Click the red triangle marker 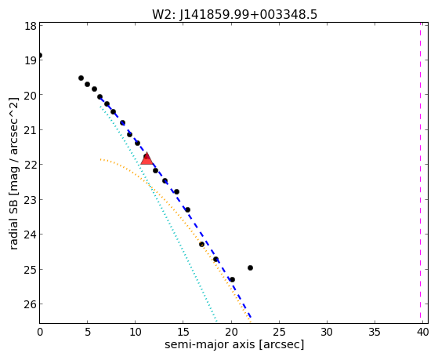(x=147, y=159)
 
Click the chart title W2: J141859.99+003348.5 (x=234, y=15)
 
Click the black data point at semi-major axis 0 (x=40, y=56)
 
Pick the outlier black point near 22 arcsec (x=250, y=267)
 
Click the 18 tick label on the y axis (x=31, y=27)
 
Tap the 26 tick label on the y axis (x=31, y=304)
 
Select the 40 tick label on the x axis (x=422, y=332)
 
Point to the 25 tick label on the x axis (x=279, y=332)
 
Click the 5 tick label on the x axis (x=88, y=332)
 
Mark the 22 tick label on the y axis (x=31, y=165)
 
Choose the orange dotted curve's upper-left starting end (x=100, y=159)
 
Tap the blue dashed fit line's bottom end (x=251, y=317)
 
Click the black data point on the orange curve (x=201, y=244)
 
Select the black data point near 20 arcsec (x=232, y=279)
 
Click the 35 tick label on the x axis (x=375, y=332)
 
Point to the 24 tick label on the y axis (x=31, y=235)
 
